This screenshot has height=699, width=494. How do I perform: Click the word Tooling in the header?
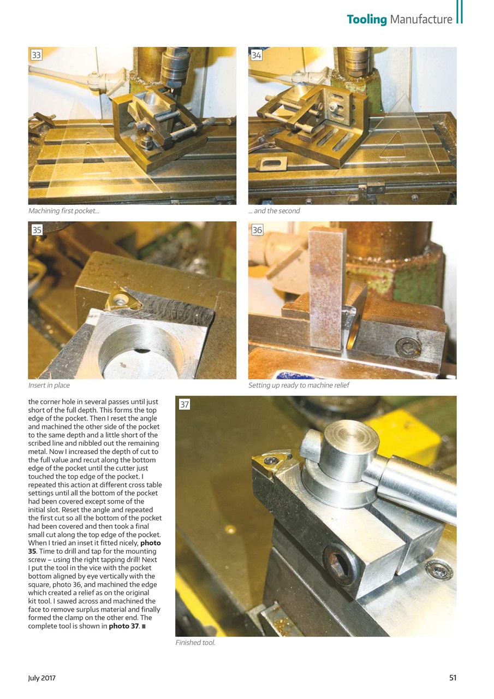(x=366, y=20)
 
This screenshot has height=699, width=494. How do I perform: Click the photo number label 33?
(x=37, y=55)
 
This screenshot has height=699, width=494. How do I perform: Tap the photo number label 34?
(x=257, y=55)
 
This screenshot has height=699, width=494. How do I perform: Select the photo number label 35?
(x=37, y=230)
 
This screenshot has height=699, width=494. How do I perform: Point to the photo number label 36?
(x=257, y=230)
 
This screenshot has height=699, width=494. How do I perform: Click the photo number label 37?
(x=184, y=405)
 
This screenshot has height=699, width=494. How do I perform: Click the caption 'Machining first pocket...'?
(x=64, y=211)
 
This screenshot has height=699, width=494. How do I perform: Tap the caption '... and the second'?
(x=274, y=211)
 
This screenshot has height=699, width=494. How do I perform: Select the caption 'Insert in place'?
(x=49, y=385)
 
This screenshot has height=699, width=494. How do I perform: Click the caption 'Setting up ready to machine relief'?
(x=299, y=385)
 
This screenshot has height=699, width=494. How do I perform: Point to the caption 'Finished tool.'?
(x=195, y=643)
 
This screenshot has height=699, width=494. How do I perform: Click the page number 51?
(x=453, y=678)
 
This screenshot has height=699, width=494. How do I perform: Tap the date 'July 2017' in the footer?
(x=42, y=678)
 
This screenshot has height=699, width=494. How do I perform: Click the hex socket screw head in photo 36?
(x=408, y=347)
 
